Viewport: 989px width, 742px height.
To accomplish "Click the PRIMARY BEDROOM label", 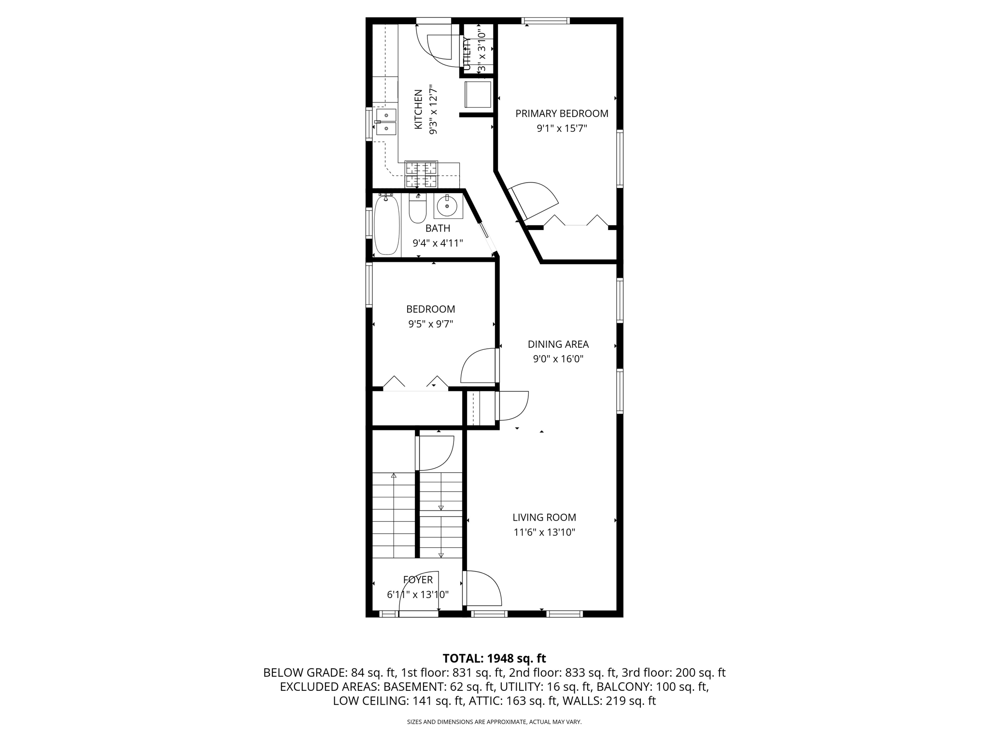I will [562, 114].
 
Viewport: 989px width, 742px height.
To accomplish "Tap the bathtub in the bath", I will [387, 225].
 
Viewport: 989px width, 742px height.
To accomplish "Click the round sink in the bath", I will [447, 206].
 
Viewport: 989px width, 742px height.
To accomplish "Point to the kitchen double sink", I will [386, 122].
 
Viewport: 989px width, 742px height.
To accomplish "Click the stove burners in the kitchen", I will [422, 175].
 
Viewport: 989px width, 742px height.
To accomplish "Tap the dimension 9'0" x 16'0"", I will [558, 359].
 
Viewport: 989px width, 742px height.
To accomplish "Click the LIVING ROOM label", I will [544, 517].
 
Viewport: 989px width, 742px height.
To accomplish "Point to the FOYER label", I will [418, 580].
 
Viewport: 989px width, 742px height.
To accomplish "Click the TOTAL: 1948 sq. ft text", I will [494, 658].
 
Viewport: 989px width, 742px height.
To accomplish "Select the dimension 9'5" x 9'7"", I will [431, 324].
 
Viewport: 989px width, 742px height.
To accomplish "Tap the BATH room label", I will [438, 228].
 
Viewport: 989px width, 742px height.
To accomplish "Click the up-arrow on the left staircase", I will [394, 476].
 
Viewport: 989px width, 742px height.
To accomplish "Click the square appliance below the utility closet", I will [478, 95].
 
